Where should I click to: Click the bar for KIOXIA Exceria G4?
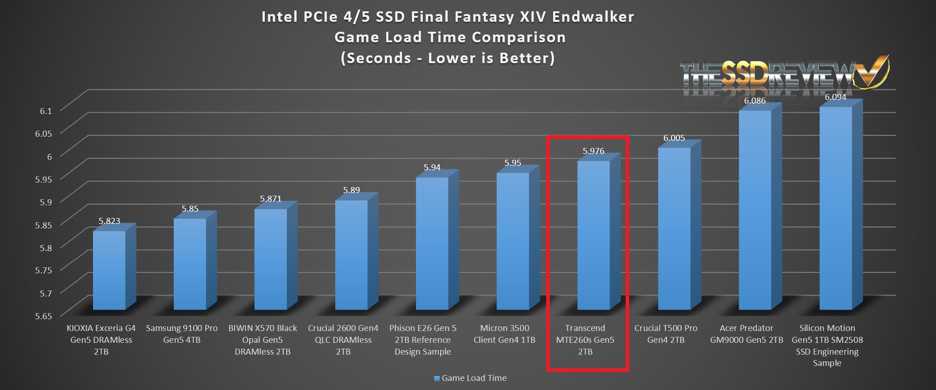(x=109, y=271)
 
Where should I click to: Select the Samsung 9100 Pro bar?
(x=190, y=264)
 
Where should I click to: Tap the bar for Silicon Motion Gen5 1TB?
(x=836, y=208)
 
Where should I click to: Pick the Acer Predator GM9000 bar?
(x=755, y=210)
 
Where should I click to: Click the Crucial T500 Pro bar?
(x=674, y=229)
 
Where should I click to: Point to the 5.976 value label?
(x=593, y=151)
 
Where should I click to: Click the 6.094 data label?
(x=835, y=97)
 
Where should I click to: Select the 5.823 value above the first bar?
(x=109, y=221)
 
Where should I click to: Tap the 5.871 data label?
(x=270, y=199)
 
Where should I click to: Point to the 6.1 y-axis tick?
(x=44, y=110)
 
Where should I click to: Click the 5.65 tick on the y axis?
(x=44, y=316)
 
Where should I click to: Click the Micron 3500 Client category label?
(x=505, y=334)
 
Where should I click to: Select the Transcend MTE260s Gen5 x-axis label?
(x=585, y=340)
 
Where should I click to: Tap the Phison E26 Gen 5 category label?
(x=423, y=340)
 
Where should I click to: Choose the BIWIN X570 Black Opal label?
(x=263, y=340)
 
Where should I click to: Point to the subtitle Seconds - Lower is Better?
(x=448, y=58)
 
